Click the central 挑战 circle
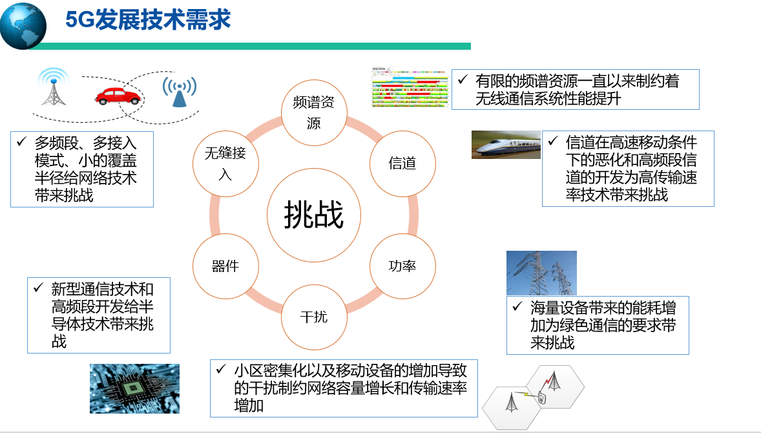314,215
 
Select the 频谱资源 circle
314,112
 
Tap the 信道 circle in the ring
403,164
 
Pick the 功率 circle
403,266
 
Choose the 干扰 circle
314,317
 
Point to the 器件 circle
225,266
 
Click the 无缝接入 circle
225,164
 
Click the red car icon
118,96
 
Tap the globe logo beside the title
23,26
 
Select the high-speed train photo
506,145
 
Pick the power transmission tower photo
541,273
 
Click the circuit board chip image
134,388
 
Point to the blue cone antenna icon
180,91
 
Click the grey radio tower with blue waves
54,87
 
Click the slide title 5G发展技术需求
148,20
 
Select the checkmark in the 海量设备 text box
517,306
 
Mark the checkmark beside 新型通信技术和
38,288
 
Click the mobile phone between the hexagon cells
541,399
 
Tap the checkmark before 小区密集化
222,370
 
